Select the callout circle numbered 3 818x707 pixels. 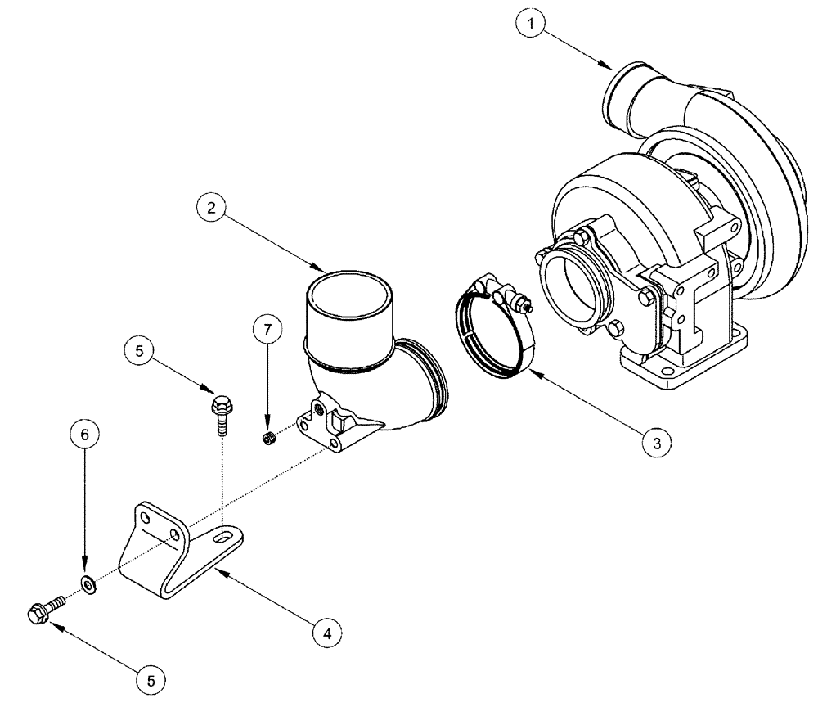653,442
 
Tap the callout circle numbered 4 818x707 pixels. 326,632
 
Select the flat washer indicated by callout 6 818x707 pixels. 88,585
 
